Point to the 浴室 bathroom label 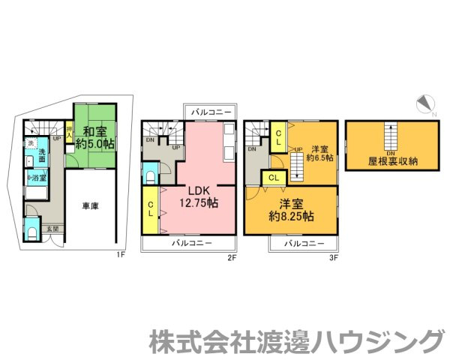pos(37,178)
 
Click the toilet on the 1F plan pos(31,232)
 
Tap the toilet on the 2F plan pos(151,177)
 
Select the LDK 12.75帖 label pos(198,196)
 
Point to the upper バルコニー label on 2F pos(211,112)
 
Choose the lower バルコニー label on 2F pos(190,244)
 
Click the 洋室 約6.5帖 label pos(322,154)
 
